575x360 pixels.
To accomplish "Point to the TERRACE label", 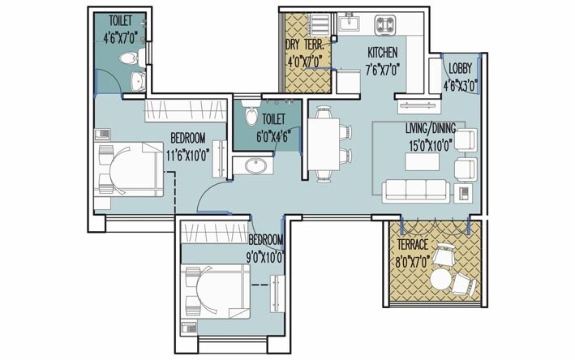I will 413,244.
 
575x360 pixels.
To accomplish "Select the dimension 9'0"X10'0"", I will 264,257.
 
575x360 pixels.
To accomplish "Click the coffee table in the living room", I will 419,162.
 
